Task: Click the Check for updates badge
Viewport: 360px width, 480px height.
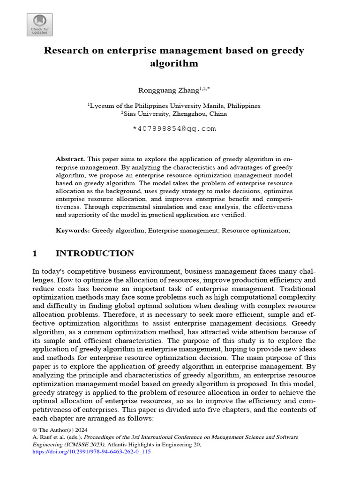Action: click(x=40, y=25)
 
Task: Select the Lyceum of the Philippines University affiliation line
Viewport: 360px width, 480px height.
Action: click(x=174, y=106)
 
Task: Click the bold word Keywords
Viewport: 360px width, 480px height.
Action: click(x=73, y=231)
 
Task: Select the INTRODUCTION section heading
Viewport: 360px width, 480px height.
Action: click(x=95, y=254)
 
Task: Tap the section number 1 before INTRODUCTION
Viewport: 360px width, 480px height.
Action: click(x=34, y=254)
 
